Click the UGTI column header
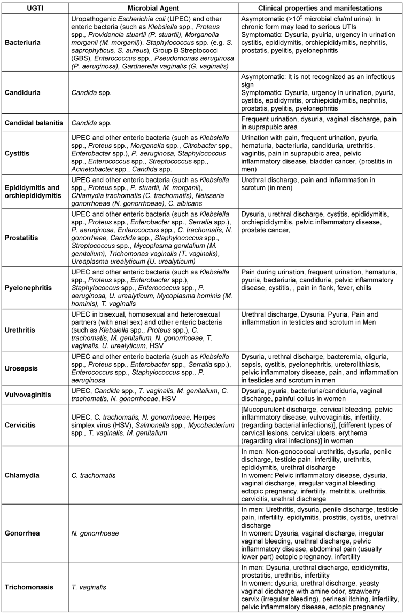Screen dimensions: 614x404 click(35, 8)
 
